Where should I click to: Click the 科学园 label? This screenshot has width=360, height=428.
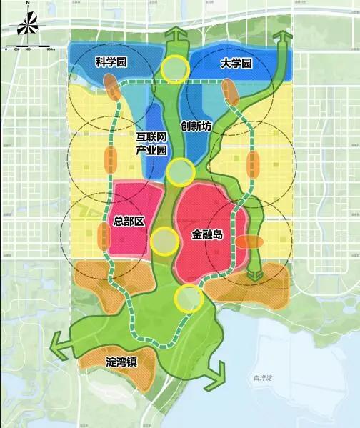(111, 63)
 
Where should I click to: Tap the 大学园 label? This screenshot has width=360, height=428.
(236, 64)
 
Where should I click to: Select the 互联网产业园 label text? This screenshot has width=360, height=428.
(151, 143)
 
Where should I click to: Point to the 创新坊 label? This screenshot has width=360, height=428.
(196, 126)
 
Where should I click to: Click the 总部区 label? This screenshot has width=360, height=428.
(129, 221)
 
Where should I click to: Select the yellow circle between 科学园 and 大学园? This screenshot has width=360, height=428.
(174, 68)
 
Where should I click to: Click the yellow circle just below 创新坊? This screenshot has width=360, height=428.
(181, 171)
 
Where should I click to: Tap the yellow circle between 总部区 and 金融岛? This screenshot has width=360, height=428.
(164, 242)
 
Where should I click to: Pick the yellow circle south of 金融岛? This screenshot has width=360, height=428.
(189, 298)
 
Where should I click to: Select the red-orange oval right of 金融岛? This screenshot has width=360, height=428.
(249, 242)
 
